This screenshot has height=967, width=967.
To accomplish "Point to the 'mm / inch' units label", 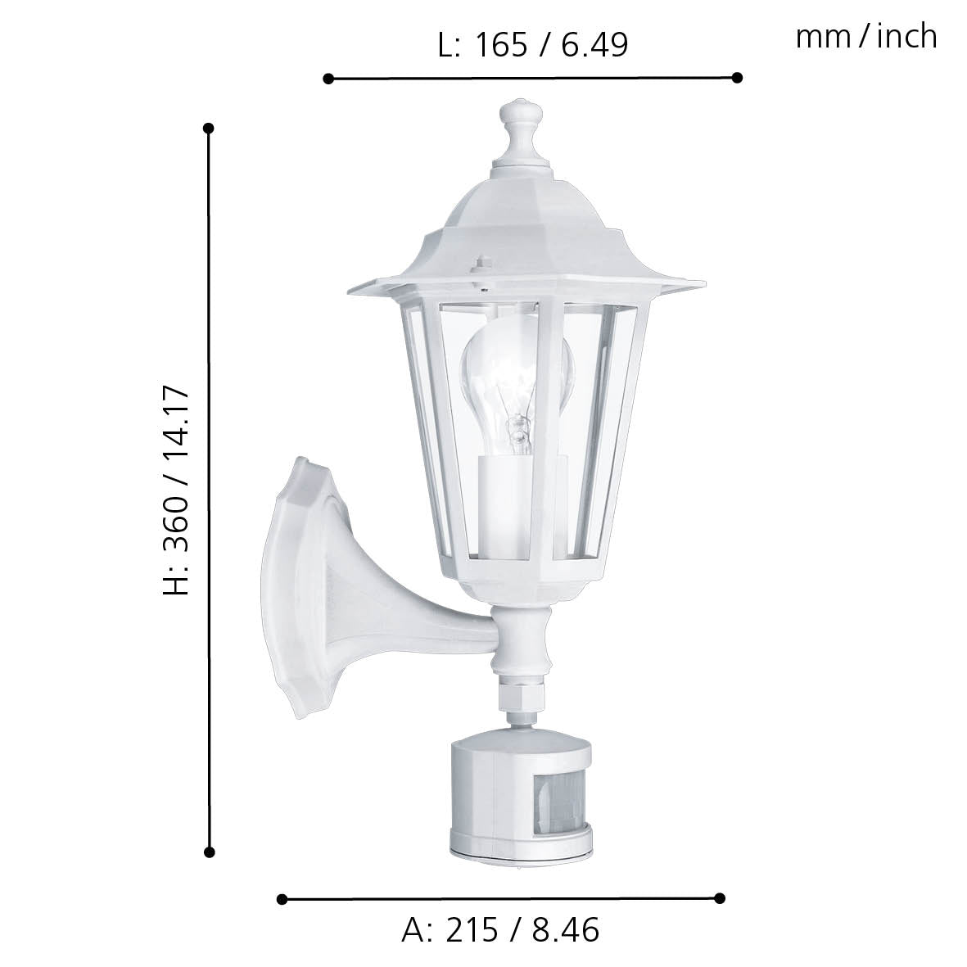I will pyautogui.click(x=865, y=37).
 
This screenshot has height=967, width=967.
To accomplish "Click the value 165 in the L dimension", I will pyautogui.click(x=501, y=45).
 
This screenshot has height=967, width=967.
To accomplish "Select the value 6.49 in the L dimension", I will pyautogui.click(x=594, y=45).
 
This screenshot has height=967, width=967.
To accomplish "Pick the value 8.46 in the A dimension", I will pyautogui.click(x=565, y=930).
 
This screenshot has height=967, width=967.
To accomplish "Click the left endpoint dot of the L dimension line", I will pyautogui.click(x=328, y=79).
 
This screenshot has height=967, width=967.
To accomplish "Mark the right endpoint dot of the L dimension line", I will pyautogui.click(x=737, y=77).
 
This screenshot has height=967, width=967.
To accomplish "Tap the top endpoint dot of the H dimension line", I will pyautogui.click(x=209, y=129).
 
